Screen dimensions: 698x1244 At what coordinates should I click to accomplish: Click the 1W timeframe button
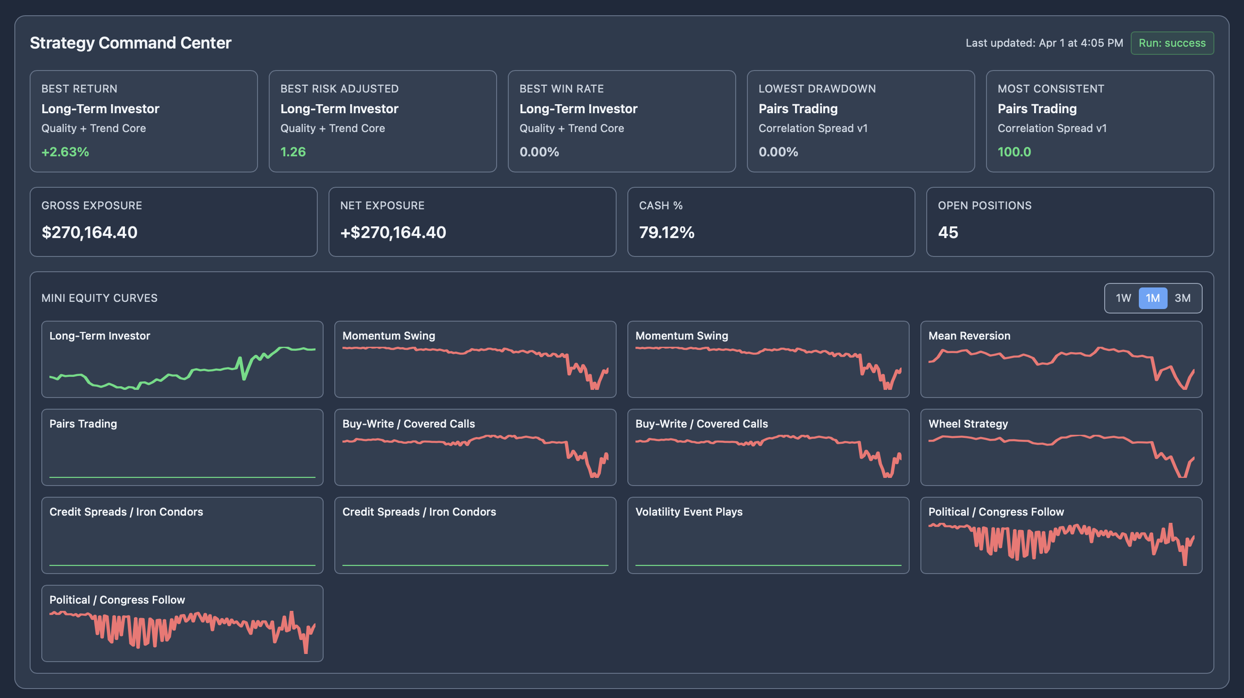click(1123, 298)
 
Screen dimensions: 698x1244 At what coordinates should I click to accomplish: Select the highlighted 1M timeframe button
click(1153, 298)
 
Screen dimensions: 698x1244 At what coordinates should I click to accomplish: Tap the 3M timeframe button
click(1182, 298)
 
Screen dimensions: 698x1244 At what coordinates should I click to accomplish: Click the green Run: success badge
click(1172, 43)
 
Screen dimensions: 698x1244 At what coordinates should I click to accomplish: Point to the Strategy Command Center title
click(130, 43)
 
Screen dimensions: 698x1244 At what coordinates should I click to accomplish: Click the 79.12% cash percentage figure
click(666, 232)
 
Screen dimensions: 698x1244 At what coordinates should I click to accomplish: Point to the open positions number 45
click(947, 232)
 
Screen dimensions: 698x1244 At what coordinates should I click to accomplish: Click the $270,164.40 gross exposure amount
click(89, 232)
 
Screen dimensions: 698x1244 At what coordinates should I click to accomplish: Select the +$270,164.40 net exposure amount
click(393, 232)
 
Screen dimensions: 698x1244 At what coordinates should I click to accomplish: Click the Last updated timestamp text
click(1044, 43)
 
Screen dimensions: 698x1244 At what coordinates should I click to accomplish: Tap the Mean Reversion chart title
click(969, 336)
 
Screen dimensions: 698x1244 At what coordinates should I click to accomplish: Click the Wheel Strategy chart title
click(968, 424)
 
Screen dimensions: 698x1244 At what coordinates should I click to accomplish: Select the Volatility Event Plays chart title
click(689, 512)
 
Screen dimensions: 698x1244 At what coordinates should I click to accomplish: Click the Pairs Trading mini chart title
click(83, 424)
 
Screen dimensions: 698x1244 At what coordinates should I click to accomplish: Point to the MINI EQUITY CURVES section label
click(99, 298)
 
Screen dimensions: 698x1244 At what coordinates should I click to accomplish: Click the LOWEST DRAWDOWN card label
click(817, 89)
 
